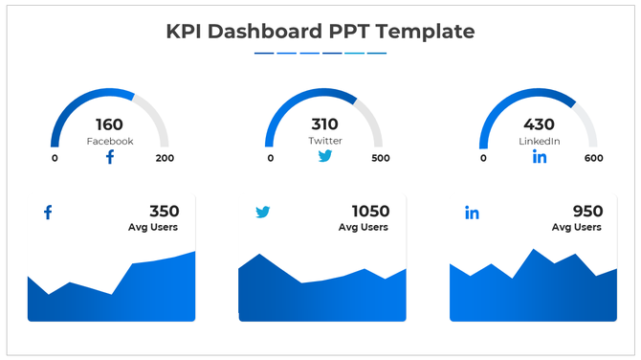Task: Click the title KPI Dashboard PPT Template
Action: pyautogui.click(x=320, y=31)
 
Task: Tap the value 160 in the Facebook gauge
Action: pyautogui.click(x=110, y=124)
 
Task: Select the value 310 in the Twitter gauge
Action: pyautogui.click(x=325, y=124)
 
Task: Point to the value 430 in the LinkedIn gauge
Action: pyautogui.click(x=539, y=124)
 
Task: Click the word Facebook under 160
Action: pyautogui.click(x=110, y=142)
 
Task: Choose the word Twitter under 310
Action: pyautogui.click(x=325, y=142)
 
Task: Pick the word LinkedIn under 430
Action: pyautogui.click(x=539, y=142)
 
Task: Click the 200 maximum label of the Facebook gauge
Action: pyautogui.click(x=165, y=159)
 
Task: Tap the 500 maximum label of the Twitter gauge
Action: pyautogui.click(x=380, y=159)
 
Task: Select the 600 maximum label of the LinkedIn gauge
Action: pyautogui.click(x=593, y=159)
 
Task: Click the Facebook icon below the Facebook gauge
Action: pyautogui.click(x=110, y=157)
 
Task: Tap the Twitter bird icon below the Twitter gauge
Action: pyautogui.click(x=325, y=156)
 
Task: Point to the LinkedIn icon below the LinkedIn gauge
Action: pyautogui.click(x=540, y=157)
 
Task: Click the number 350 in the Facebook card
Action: pyautogui.click(x=164, y=212)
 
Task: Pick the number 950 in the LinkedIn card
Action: pyautogui.click(x=586, y=212)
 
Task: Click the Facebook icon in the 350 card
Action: pyautogui.click(x=48, y=213)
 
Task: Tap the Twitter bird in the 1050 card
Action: pyautogui.click(x=263, y=213)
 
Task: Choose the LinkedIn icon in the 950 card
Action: pyautogui.click(x=472, y=213)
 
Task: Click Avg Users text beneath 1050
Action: pyautogui.click(x=364, y=228)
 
